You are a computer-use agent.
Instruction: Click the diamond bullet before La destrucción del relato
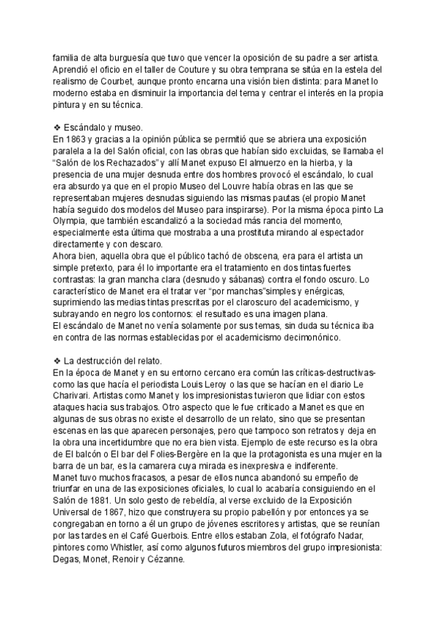pyautogui.click(x=58, y=361)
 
